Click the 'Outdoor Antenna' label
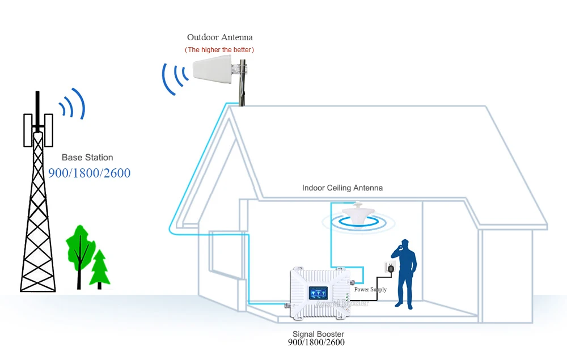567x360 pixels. pyautogui.click(x=219, y=37)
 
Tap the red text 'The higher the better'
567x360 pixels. pyautogui.click(x=219, y=50)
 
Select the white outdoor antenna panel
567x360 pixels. pyautogui.click(x=215, y=71)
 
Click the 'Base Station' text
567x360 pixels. pyautogui.click(x=87, y=158)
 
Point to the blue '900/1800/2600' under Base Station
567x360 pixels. pyautogui.click(x=89, y=173)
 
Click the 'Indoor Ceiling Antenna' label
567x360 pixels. pyautogui.click(x=342, y=188)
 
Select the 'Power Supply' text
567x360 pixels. pyautogui.click(x=370, y=290)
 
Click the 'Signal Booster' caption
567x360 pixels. pyautogui.click(x=318, y=334)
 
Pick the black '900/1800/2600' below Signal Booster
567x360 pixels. pyautogui.click(x=316, y=342)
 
